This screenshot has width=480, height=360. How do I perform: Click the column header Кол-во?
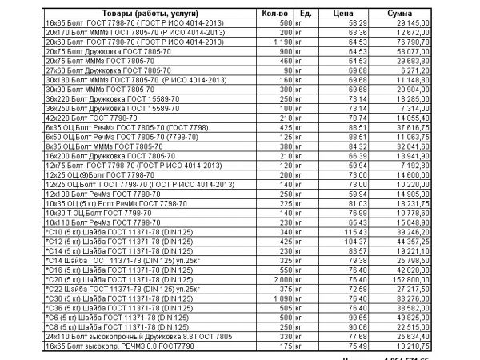(273, 13)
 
